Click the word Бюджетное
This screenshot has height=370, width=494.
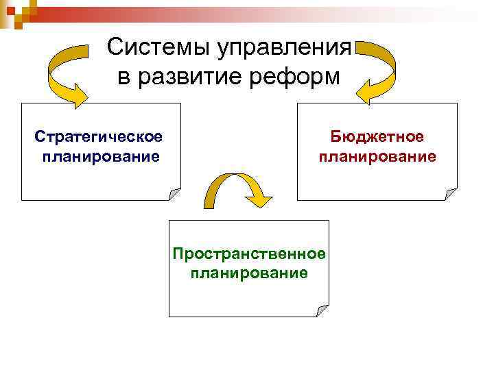(377, 137)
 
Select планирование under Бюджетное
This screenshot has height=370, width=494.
(377, 157)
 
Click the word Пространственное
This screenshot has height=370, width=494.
(249, 254)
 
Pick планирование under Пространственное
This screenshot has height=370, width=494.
(250, 273)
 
